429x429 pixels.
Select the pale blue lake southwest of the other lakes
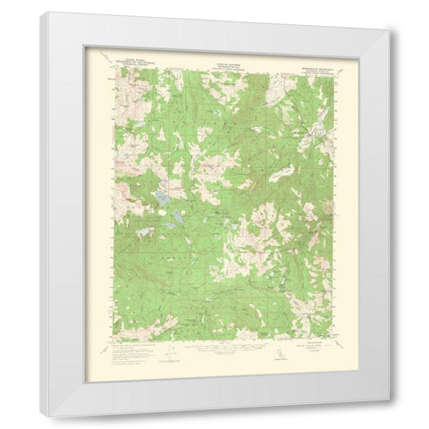tap(140, 236)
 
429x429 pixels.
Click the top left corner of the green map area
tap(113, 68)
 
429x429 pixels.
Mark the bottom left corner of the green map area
tap(113, 339)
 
